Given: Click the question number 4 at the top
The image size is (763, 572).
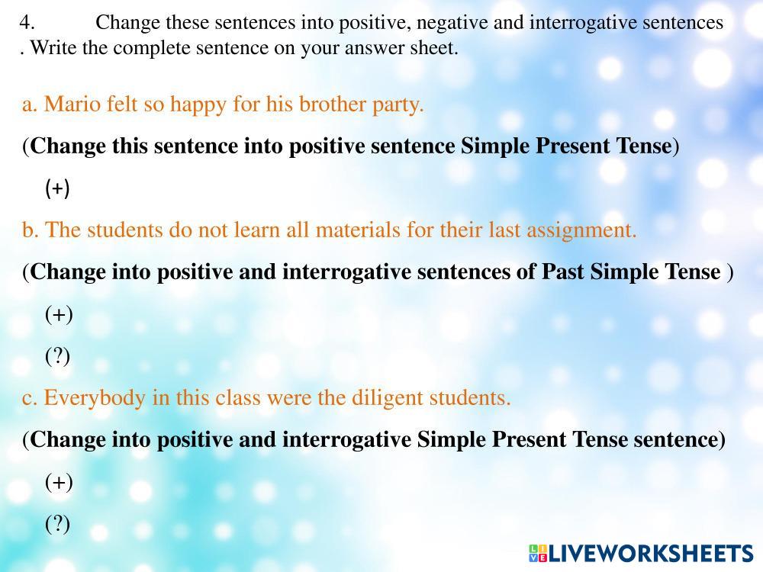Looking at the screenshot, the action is coord(27,22).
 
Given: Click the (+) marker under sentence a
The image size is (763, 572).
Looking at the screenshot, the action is coord(57,188).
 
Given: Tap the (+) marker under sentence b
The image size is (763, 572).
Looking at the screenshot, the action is coord(59,314).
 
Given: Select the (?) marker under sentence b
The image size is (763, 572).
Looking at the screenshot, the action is coord(57,356).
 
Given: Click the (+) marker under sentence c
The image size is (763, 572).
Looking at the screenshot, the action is coord(59,482).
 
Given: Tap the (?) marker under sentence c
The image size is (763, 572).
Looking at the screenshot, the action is coord(57,524).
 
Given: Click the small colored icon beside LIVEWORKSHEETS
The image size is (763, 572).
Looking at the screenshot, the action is coord(538,554).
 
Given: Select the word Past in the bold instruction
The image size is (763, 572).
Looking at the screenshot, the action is coord(563,272).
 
